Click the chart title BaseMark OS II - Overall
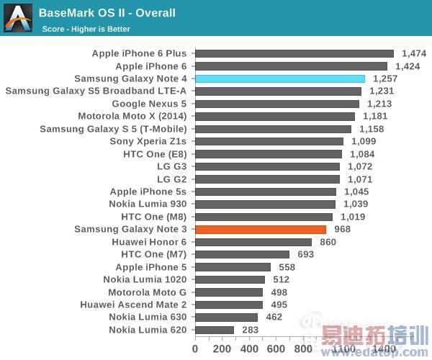point(107,13)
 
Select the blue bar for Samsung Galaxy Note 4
point(280,78)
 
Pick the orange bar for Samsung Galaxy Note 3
point(261,229)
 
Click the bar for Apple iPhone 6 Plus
point(294,53)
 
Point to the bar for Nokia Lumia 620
point(215,330)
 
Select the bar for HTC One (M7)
point(242,254)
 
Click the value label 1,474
point(414,53)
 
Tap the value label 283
point(249,330)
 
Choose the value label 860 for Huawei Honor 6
point(328,242)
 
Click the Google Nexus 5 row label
point(149,104)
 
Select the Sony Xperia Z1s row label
point(148,141)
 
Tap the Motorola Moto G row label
point(147,292)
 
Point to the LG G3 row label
point(171,166)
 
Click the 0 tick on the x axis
point(195,348)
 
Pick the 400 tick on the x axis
point(249,348)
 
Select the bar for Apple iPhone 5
point(233,267)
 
